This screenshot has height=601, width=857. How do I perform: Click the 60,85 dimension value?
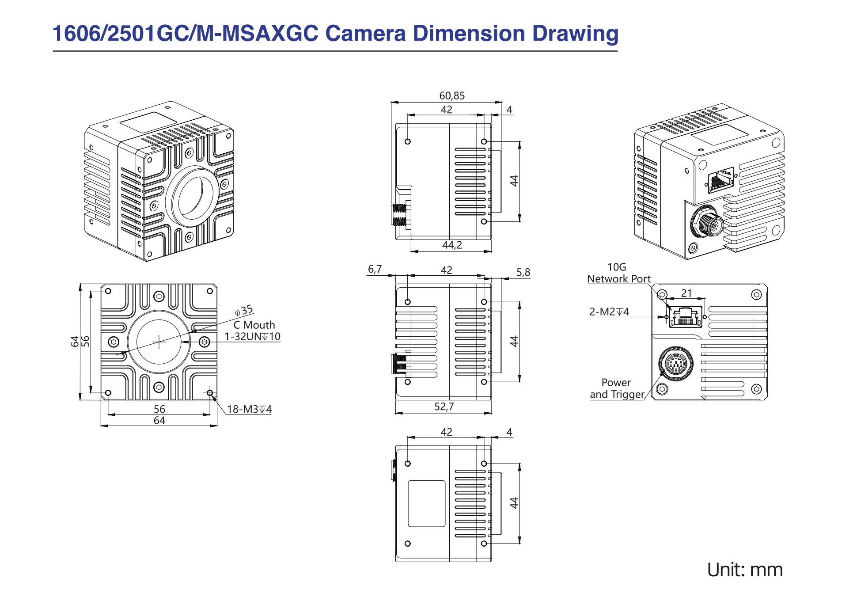(451, 96)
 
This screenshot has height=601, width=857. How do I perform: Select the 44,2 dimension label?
(452, 245)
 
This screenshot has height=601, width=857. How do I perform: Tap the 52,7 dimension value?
(444, 407)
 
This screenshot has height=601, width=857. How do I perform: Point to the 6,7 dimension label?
(375, 269)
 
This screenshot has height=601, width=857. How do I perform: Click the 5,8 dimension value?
(523, 272)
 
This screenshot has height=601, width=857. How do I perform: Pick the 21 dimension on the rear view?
(686, 293)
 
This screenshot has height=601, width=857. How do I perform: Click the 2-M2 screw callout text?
(609, 312)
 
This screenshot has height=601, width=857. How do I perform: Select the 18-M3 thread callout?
(249, 409)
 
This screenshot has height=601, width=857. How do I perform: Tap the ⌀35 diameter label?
(244, 311)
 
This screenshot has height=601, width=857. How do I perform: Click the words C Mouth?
(254, 325)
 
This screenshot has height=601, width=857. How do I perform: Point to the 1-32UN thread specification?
(252, 337)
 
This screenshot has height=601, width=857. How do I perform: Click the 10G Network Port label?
(618, 273)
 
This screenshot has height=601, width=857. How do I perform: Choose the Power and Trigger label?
(617, 388)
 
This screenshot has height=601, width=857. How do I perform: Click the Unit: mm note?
(744, 570)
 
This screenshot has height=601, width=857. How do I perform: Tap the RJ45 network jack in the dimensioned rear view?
(685, 317)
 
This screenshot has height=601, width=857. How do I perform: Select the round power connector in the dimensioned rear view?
(676, 364)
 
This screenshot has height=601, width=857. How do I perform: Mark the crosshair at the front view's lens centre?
(159, 342)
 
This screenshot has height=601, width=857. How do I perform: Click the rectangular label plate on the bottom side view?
(426, 503)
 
